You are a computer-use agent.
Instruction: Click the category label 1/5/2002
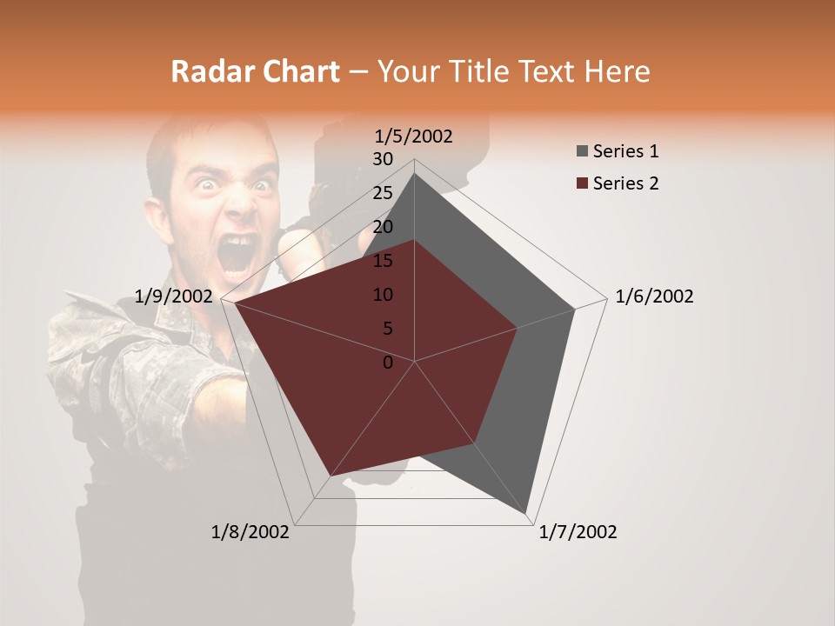point(414,137)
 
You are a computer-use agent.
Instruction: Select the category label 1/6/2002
point(654,296)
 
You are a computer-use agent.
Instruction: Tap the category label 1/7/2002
point(578,532)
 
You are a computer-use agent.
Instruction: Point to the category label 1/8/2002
point(250,532)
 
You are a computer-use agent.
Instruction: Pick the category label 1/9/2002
point(174,296)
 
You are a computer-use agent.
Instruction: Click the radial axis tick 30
point(383,159)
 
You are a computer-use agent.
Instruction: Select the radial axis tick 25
point(383,193)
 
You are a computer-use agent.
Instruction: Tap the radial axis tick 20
point(383,227)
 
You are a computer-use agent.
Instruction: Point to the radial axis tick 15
point(383,261)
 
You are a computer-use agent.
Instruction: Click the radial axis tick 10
point(383,295)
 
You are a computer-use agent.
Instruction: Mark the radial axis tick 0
point(388,363)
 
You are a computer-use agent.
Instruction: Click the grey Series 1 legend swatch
point(582,152)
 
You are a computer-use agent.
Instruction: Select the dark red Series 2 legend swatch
point(582,183)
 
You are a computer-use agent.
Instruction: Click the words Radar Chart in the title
point(255,71)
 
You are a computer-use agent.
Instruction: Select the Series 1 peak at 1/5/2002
point(414,174)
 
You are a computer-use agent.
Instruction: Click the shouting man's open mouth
point(238,253)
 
